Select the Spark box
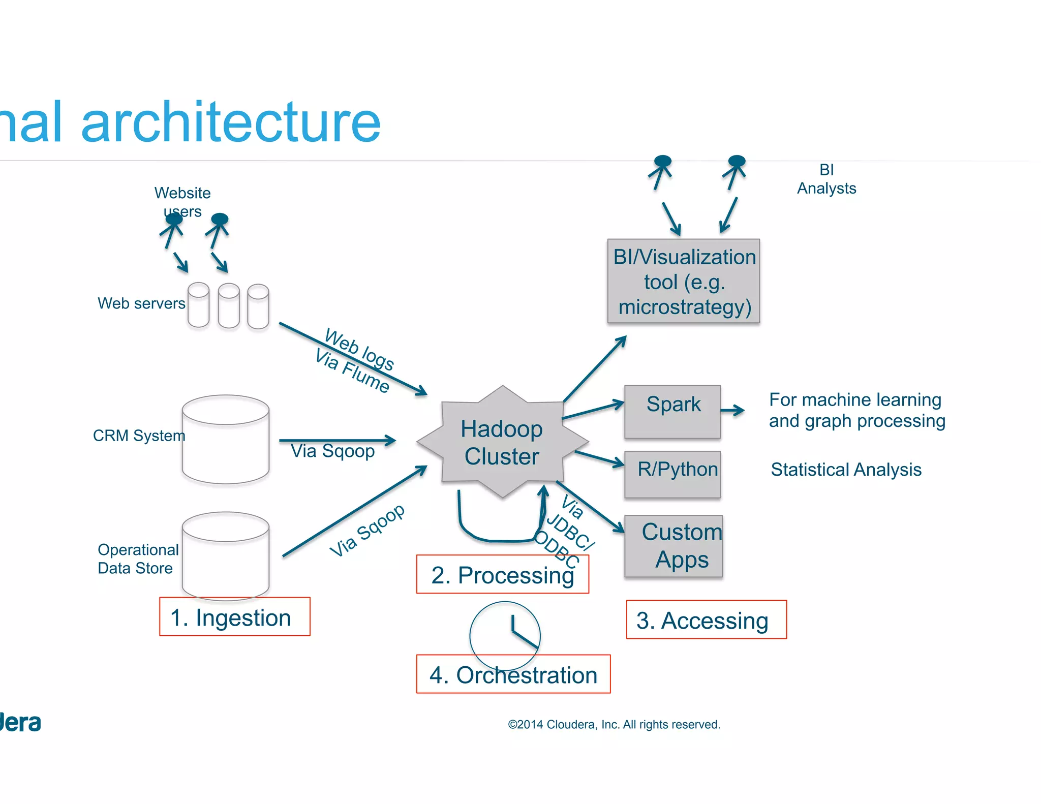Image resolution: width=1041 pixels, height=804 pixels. [672, 412]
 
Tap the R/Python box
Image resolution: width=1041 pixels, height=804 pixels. [672, 474]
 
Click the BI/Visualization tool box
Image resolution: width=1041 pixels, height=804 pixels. [683, 281]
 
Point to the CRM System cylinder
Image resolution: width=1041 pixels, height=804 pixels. [225, 440]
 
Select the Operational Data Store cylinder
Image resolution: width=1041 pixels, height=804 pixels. [225, 556]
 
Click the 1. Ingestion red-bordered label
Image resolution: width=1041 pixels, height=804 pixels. [234, 616]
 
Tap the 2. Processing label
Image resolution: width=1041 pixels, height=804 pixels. [502, 575]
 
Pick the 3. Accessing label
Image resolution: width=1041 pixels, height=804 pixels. [706, 620]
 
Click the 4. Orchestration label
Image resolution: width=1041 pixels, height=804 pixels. [513, 674]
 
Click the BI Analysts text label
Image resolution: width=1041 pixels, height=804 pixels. [826, 179]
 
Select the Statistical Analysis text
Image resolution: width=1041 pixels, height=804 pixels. [845, 469]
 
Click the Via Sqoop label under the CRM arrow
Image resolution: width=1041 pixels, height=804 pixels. [332, 451]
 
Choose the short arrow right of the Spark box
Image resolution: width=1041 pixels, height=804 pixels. [732, 410]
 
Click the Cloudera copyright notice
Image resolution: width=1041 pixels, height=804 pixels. [614, 724]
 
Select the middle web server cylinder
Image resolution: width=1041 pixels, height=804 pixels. [229, 305]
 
